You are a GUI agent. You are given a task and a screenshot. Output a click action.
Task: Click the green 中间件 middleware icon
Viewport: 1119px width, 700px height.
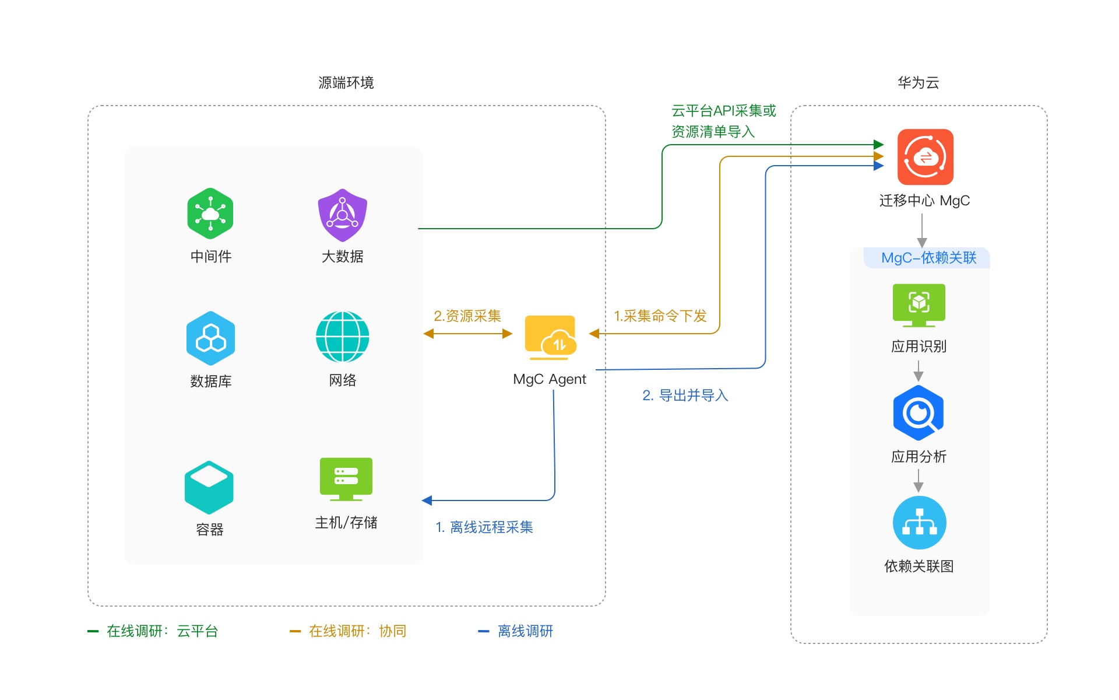tap(210, 213)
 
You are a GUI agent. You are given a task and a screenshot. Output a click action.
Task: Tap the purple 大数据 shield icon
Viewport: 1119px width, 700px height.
tap(343, 215)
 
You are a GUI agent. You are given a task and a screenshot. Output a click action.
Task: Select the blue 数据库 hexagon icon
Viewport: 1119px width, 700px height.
tap(210, 338)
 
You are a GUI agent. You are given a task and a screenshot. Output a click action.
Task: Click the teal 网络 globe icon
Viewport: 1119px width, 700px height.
tap(343, 337)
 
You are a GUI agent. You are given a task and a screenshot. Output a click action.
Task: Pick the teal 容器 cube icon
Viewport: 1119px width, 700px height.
tap(209, 488)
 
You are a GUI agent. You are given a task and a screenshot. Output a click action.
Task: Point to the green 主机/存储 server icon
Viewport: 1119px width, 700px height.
tap(346, 479)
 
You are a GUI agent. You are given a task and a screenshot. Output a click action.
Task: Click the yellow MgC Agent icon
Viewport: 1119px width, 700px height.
tap(550, 337)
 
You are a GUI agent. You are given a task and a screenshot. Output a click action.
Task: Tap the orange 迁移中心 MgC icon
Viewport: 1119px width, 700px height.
tap(925, 157)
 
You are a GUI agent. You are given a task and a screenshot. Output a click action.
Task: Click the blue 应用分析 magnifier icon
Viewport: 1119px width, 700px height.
tap(919, 413)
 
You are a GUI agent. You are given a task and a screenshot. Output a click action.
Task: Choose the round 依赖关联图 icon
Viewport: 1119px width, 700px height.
tap(919, 523)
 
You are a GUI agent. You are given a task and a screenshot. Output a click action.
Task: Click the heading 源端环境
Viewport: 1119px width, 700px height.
tap(346, 83)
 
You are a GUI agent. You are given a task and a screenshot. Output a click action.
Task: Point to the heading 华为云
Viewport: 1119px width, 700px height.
tap(919, 83)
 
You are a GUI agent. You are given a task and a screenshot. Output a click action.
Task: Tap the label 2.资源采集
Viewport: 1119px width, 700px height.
tap(467, 316)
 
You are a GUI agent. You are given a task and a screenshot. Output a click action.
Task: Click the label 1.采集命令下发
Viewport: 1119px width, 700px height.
tap(660, 316)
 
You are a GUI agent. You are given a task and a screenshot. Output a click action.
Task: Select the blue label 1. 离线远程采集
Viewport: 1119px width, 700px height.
tap(484, 527)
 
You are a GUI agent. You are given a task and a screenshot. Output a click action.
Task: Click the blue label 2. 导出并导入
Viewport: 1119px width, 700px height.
tap(685, 395)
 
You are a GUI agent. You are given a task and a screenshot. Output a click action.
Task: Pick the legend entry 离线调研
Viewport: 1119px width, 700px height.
tap(525, 631)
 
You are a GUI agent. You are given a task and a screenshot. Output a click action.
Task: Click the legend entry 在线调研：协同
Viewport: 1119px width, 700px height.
tap(357, 631)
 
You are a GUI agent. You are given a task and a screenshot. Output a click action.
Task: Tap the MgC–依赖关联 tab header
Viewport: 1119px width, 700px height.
tap(928, 258)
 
